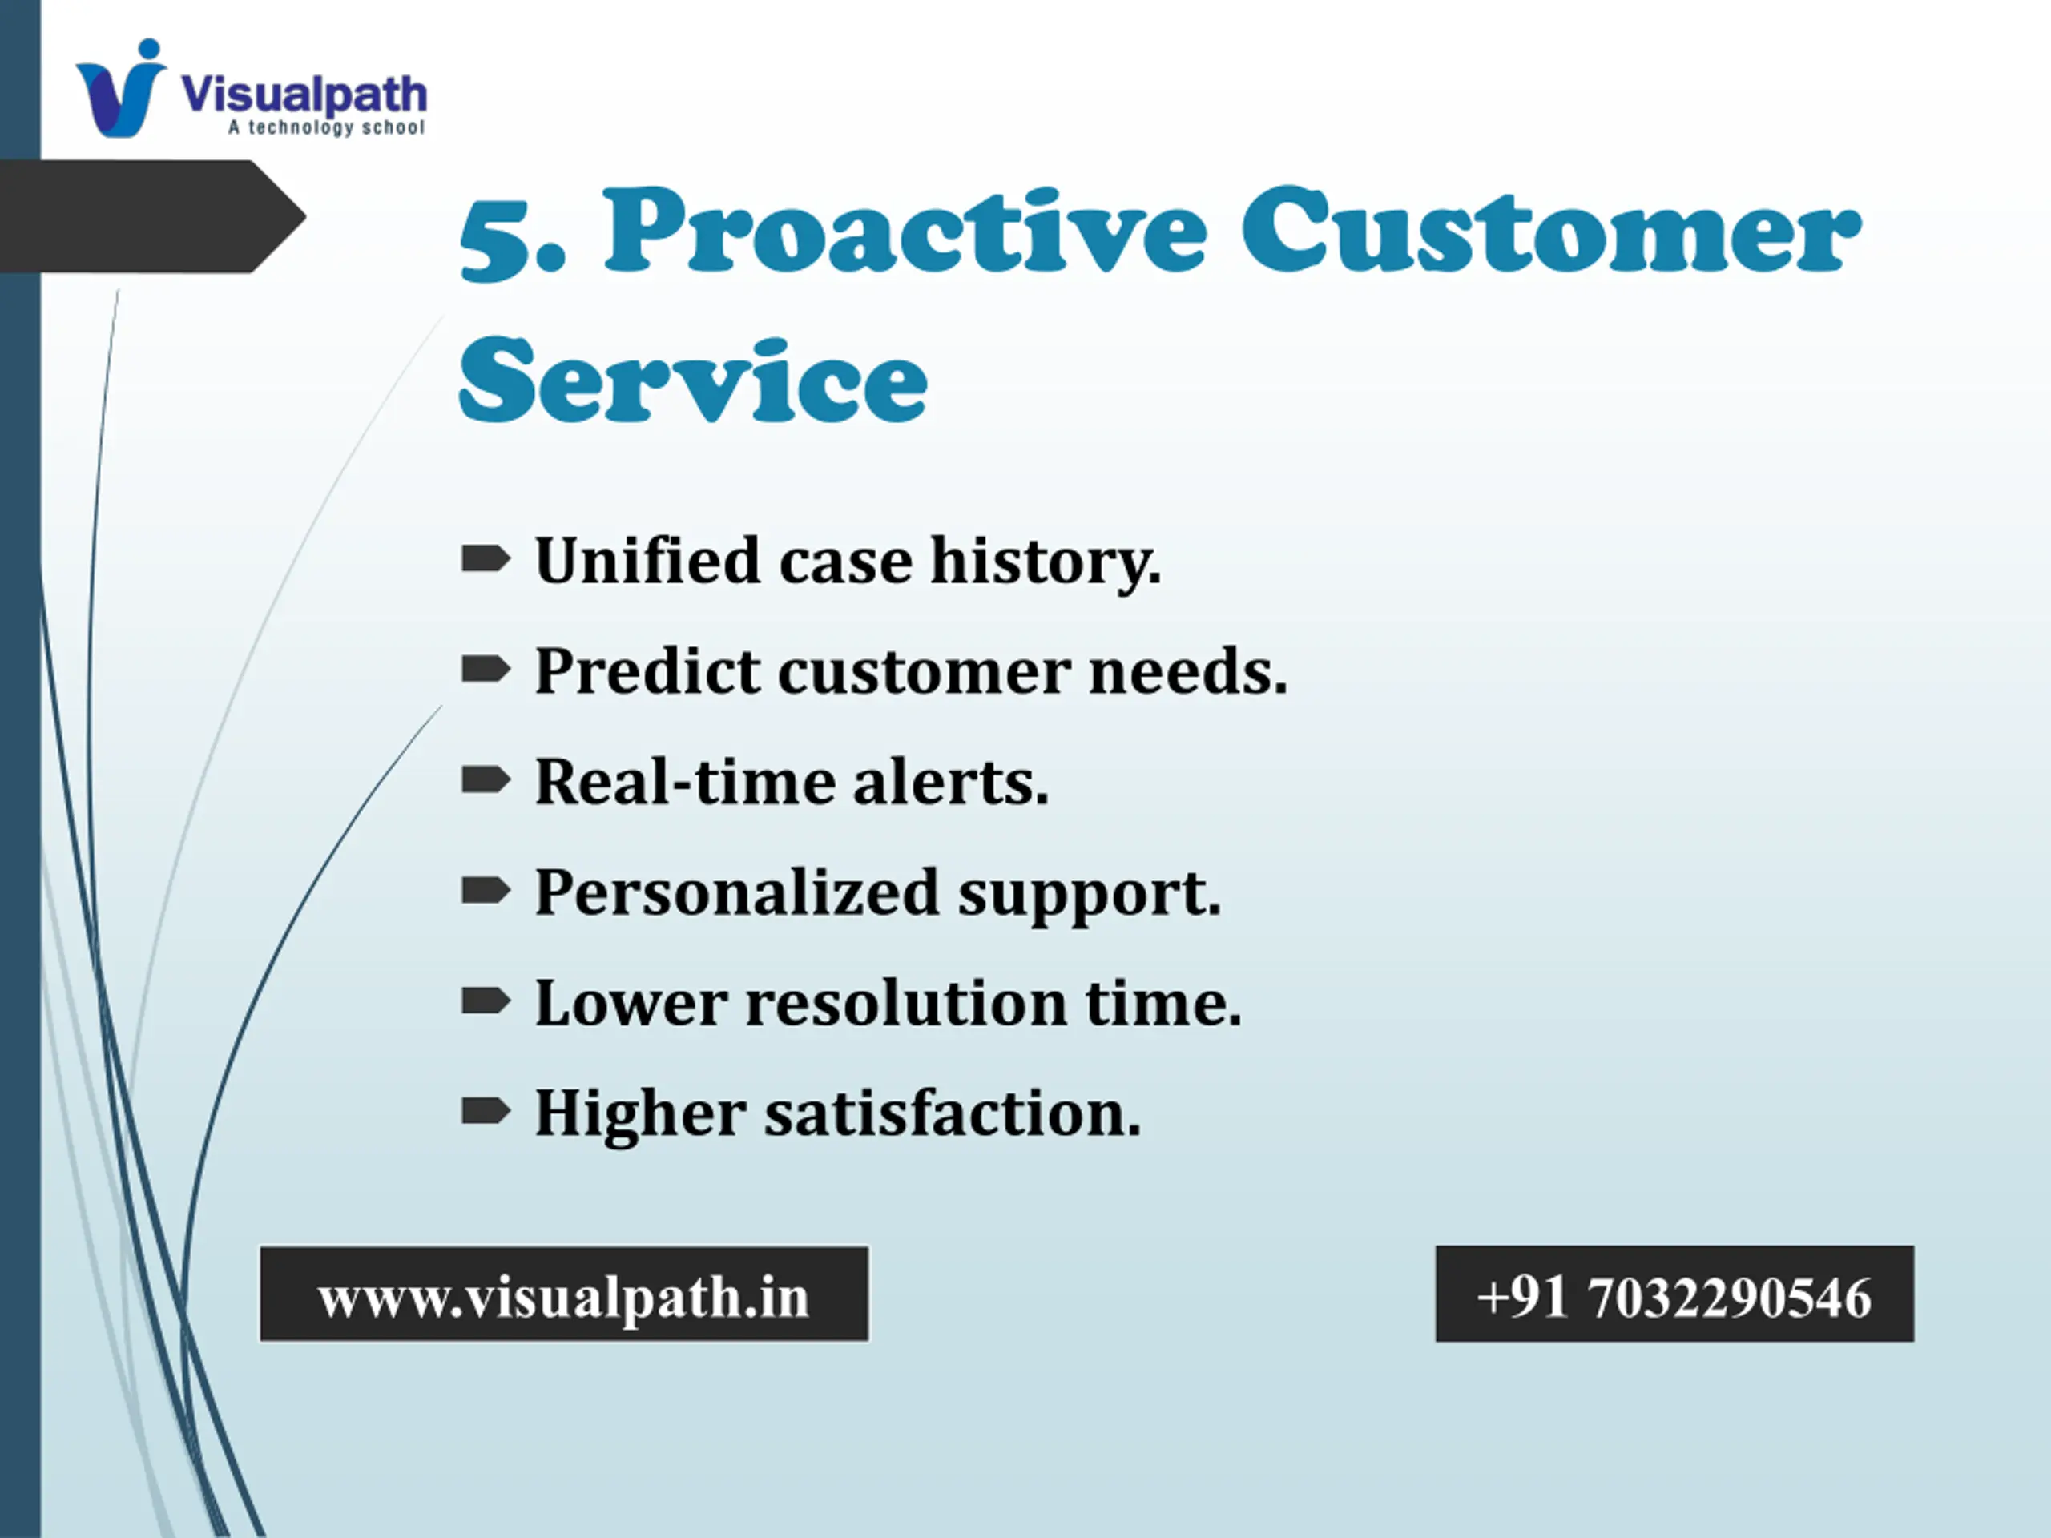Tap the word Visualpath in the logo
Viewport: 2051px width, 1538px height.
[304, 95]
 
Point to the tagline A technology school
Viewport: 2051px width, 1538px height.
[326, 127]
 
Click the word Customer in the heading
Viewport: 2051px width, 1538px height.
[1550, 230]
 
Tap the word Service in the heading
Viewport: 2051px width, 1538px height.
[693, 380]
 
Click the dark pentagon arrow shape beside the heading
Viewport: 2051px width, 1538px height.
[153, 216]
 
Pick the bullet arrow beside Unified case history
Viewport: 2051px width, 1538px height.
[486, 559]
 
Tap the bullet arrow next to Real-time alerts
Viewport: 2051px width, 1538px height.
[486, 779]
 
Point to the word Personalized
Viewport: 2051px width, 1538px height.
[737, 892]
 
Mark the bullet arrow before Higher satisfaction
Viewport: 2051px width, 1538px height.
[486, 1109]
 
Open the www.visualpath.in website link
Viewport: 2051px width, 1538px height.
[564, 1294]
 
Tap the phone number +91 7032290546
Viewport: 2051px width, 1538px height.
[1674, 1294]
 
